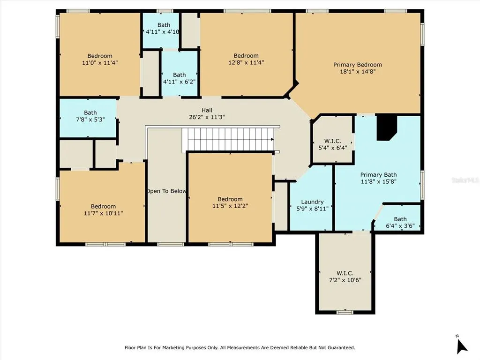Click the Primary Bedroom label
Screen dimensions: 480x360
(x=358, y=65)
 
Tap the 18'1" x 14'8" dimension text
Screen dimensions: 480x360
(x=358, y=72)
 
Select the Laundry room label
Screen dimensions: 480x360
(x=312, y=202)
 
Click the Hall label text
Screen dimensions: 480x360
(x=207, y=110)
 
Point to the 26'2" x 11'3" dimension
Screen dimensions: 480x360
(x=207, y=117)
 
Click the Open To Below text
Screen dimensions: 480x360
(x=166, y=191)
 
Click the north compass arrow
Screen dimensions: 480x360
(x=462, y=345)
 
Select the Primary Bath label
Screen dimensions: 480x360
(x=378, y=174)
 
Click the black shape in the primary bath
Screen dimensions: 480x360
(x=387, y=127)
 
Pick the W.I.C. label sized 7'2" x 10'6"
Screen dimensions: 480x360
(x=345, y=273)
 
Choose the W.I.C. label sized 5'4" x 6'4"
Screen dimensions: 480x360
(x=333, y=141)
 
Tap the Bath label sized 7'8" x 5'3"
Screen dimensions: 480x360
(x=90, y=112)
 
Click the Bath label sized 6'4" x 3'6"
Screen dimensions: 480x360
(x=400, y=219)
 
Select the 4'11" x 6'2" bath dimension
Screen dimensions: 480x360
(x=180, y=82)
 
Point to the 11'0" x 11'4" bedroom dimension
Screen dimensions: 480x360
(x=100, y=63)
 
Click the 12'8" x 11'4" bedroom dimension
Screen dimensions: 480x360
(x=246, y=62)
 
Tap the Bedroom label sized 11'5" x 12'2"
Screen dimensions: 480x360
(x=230, y=199)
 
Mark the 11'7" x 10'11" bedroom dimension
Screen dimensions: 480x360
(x=104, y=213)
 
